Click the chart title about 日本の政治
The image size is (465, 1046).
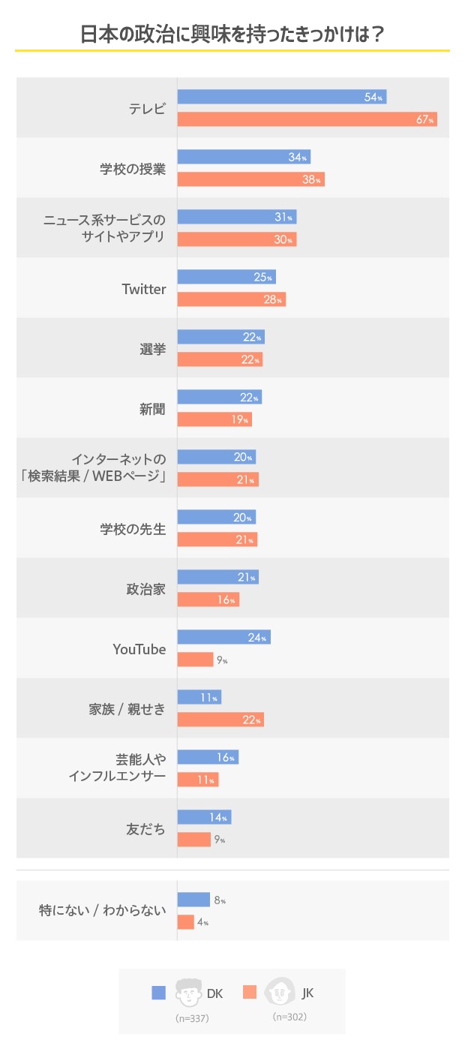click(232, 34)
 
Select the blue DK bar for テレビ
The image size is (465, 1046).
click(281, 97)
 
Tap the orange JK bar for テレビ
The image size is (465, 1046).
click(307, 119)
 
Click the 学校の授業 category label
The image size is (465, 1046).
click(133, 168)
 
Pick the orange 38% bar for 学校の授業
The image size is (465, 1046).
click(250, 179)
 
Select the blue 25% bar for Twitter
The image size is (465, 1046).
click(226, 277)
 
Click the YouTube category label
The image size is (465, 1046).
click(139, 649)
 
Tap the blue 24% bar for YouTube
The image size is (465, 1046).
click(223, 637)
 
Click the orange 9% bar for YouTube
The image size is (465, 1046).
click(195, 660)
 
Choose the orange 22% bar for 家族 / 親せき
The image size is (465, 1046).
click(220, 720)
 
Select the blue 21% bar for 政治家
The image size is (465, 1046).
click(217, 577)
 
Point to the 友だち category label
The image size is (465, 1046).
click(145, 829)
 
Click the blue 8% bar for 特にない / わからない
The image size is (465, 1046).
click(193, 900)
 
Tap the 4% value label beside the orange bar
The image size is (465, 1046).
click(203, 922)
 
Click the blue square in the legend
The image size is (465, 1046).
click(158, 993)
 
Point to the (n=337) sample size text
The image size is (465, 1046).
click(192, 1018)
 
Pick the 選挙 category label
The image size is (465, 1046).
click(152, 349)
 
